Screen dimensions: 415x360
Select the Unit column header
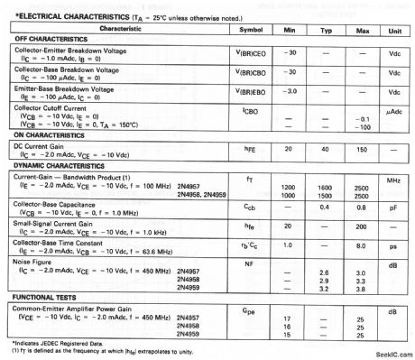[393, 30]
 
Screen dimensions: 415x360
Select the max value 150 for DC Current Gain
[363, 148]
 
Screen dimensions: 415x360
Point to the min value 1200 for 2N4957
[290, 188]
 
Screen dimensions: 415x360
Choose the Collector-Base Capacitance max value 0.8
[363, 206]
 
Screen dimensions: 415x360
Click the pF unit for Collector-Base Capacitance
[393, 206]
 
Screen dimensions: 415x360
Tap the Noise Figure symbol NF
[250, 265]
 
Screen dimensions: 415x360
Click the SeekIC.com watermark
[388, 351]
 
